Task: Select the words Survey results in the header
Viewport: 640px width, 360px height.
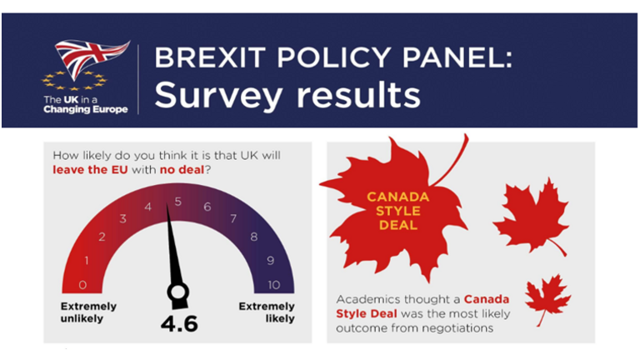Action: (x=287, y=94)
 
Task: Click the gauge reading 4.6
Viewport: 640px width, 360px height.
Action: (x=177, y=322)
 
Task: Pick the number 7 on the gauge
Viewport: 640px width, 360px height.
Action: (x=232, y=219)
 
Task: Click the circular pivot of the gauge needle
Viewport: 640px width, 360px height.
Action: (x=177, y=292)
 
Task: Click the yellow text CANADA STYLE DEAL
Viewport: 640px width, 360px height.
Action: (x=397, y=212)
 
